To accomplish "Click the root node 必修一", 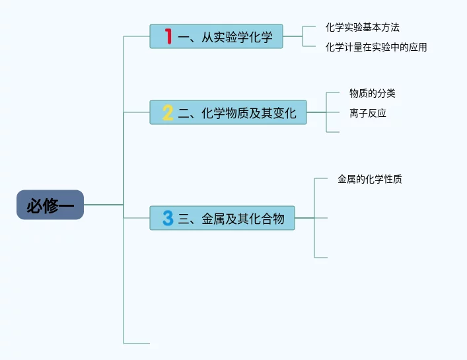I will pos(50,205).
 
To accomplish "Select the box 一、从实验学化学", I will pos(216,37).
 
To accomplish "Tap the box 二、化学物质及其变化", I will pos(228,113).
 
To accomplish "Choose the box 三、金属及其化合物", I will pos(222,218).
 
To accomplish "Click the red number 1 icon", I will pos(168,37).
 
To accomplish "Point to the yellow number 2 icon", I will pos(168,113).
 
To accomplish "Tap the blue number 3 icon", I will pos(168,218).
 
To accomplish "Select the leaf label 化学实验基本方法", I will pos(363,27).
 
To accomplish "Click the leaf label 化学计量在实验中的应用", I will pos(377,47).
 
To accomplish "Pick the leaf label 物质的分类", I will pos(373,93).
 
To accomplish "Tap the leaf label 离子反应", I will pos(368,113).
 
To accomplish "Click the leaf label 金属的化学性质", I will pos(370,179).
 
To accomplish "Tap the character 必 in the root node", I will pos(34,206).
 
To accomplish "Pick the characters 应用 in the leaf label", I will pos(418,47).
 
